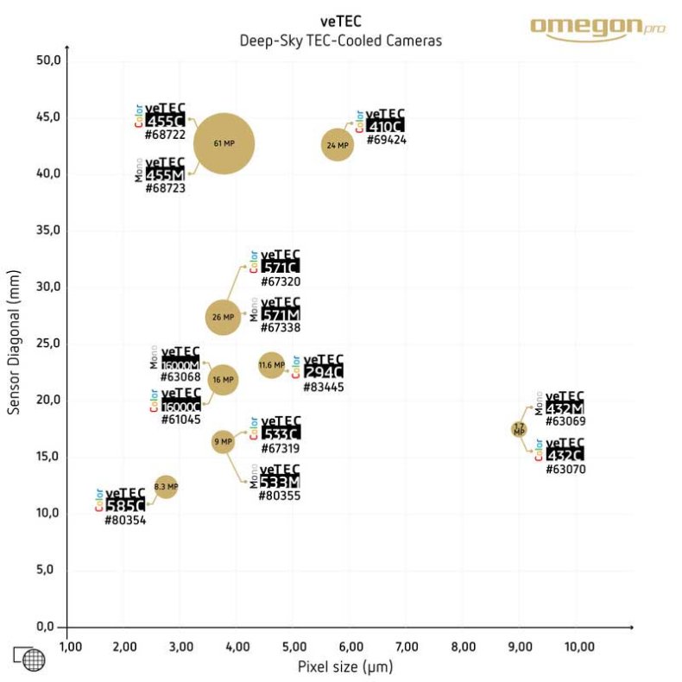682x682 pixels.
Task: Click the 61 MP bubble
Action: pos(224,142)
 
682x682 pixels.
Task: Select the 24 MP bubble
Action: pos(338,146)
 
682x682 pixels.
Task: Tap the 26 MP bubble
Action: pos(223,317)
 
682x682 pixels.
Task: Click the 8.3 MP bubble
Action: pos(166,487)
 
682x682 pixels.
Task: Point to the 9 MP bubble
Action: pos(223,442)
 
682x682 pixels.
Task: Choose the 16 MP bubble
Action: pos(223,379)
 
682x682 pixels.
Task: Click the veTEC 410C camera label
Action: pos(384,120)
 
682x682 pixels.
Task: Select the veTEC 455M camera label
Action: pos(165,169)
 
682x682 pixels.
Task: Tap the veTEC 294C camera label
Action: pos(323,366)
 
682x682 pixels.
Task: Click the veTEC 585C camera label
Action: pos(124,499)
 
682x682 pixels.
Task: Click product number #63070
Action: pos(565,470)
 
